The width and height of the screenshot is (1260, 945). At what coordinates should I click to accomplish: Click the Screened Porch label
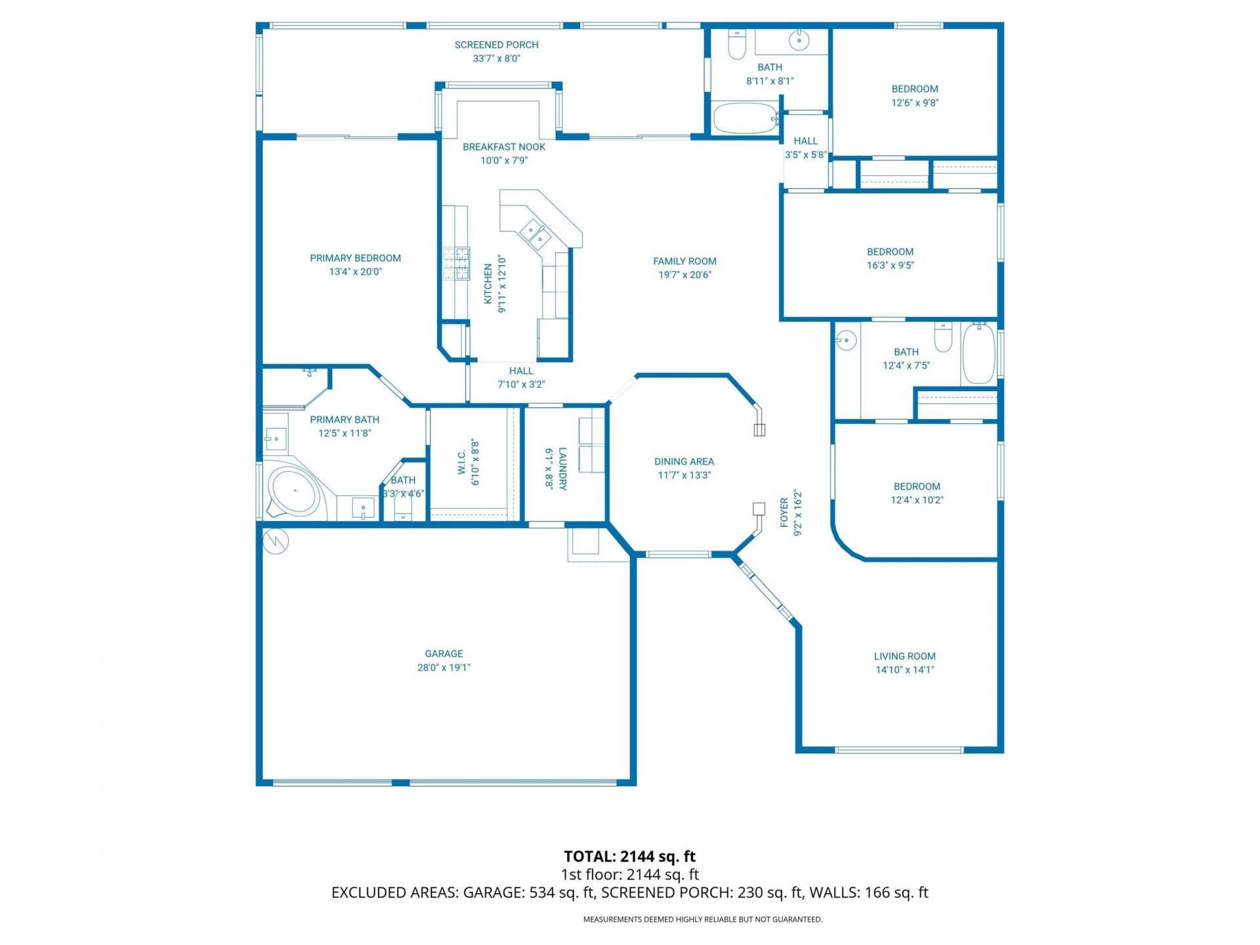(x=496, y=45)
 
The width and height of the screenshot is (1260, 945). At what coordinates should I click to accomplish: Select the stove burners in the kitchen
(x=455, y=263)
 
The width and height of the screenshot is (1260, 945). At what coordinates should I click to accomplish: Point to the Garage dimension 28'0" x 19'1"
(x=444, y=667)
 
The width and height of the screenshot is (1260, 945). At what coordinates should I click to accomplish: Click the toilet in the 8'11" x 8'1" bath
(x=737, y=45)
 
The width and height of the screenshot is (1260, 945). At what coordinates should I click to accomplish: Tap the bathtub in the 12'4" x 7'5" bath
(x=978, y=353)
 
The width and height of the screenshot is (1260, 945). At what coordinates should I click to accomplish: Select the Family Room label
(x=684, y=261)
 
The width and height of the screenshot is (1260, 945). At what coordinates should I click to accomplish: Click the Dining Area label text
(x=684, y=461)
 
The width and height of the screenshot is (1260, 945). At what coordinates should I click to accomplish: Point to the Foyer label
(x=784, y=513)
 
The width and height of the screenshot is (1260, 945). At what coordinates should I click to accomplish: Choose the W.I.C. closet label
(x=462, y=463)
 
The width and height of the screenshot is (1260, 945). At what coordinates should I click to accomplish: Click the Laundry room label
(x=562, y=469)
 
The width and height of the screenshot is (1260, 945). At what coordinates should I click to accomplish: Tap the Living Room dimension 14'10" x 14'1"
(x=904, y=669)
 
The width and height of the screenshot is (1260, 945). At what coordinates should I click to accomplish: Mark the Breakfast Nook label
(x=504, y=147)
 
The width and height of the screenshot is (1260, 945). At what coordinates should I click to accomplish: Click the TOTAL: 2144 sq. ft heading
(x=629, y=856)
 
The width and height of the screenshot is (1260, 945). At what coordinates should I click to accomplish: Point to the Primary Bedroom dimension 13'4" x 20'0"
(x=355, y=272)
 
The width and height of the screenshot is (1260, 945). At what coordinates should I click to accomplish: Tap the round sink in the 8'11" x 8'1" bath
(x=799, y=39)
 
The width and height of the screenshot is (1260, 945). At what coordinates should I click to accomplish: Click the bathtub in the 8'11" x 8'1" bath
(x=744, y=119)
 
